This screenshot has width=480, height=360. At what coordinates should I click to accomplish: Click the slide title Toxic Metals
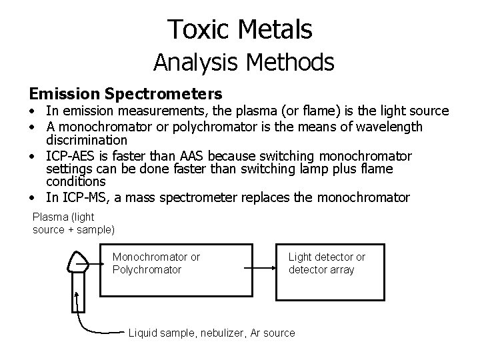pos(240,29)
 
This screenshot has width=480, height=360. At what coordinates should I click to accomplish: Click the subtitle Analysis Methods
pos(243,62)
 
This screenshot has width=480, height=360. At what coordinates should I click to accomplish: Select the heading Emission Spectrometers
pos(125,93)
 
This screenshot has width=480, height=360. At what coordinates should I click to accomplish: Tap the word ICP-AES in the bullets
pos(73,156)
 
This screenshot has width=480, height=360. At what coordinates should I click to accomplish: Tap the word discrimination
pos(86,140)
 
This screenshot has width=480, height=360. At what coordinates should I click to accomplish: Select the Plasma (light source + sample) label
pos(73,223)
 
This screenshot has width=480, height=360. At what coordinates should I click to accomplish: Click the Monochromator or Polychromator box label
pos(156,263)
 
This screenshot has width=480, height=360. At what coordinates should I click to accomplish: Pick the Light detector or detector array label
pos(327,263)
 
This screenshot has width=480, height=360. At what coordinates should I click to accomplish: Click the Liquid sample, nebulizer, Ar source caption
pos(211,333)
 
